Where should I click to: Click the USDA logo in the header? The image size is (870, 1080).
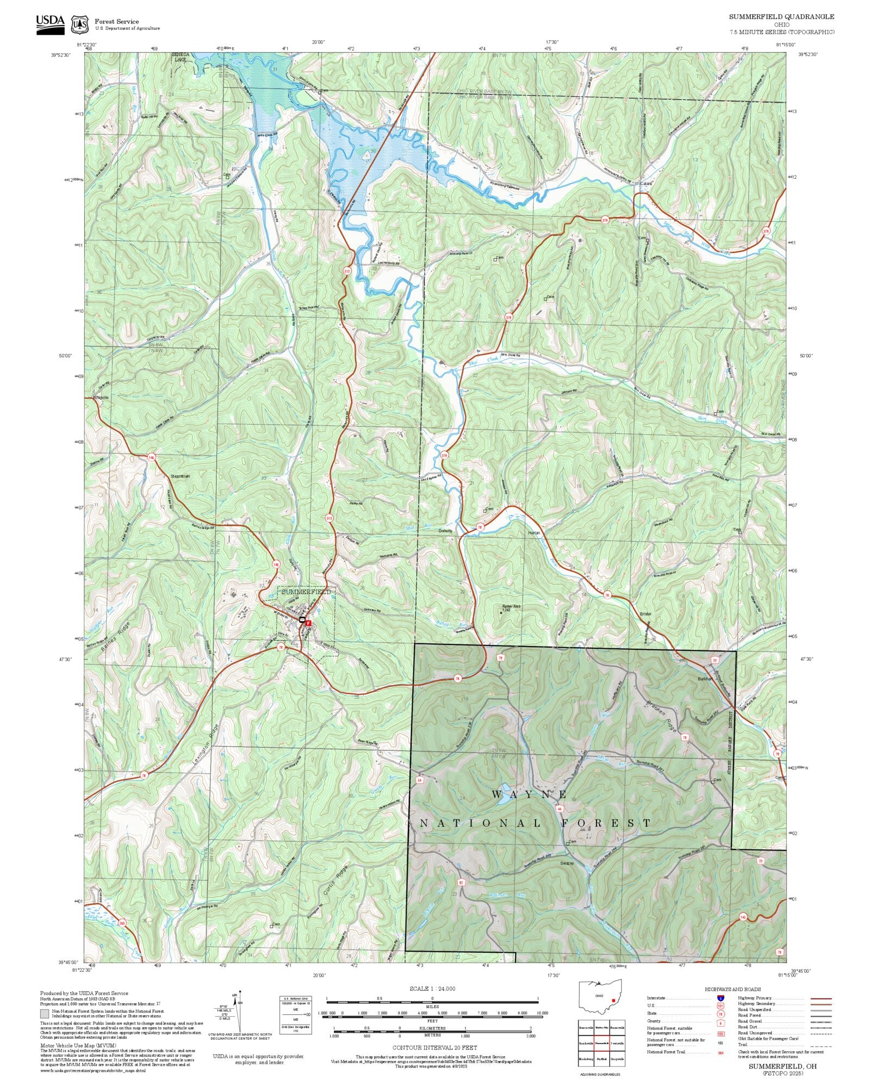point(50,24)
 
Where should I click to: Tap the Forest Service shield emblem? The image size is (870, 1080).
point(80,24)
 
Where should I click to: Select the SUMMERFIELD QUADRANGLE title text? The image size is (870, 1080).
point(781,17)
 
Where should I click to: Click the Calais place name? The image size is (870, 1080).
point(646,183)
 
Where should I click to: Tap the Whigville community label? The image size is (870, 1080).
point(101,398)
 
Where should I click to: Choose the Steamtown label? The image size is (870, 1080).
point(180,476)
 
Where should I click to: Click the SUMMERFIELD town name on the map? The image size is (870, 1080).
point(306,592)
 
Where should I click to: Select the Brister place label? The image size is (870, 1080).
point(645,614)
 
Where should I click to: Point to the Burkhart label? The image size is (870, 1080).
point(705,680)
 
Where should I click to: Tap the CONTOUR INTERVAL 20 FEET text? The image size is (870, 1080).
point(434,1047)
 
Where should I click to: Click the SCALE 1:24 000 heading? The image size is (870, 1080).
point(432,989)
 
